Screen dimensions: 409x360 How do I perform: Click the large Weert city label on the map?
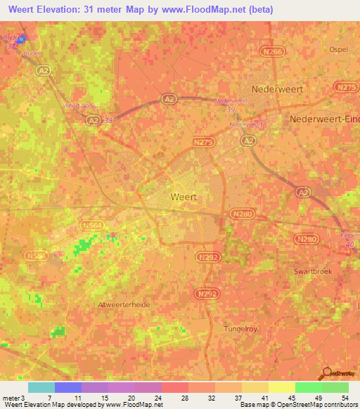(184, 197)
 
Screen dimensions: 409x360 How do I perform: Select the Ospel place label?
(339, 49)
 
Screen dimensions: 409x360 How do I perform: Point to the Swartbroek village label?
(314, 270)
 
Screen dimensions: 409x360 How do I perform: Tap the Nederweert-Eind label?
(324, 119)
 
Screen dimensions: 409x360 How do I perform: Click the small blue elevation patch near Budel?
(22, 39)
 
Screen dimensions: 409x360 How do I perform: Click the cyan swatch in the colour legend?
(41, 387)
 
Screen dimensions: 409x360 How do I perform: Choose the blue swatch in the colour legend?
(67, 387)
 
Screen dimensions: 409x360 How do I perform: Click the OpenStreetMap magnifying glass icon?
(326, 373)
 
